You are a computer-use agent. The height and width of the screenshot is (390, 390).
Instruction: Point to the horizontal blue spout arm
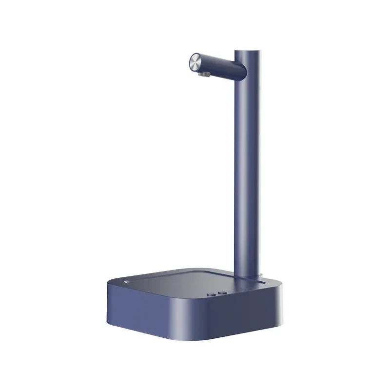pyautogui.click(x=219, y=65)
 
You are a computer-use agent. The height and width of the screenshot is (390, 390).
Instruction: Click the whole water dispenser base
pyautogui.click(x=195, y=307)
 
